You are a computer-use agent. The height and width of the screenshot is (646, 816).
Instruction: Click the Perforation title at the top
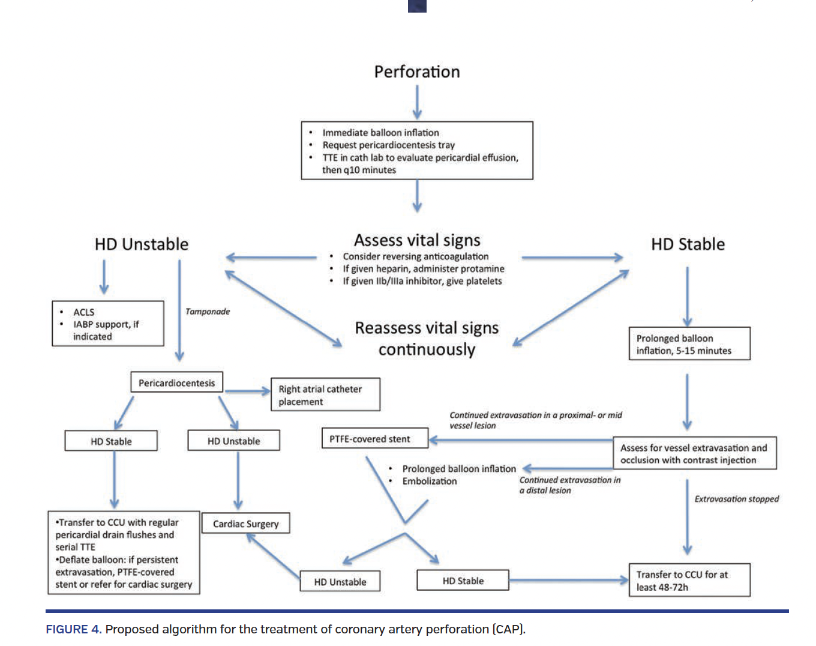tap(417, 72)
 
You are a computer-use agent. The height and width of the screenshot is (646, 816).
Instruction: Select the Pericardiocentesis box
tap(176, 382)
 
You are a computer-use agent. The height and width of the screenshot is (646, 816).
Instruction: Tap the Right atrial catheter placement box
tap(325, 394)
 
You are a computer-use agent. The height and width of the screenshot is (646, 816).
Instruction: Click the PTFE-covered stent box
tap(374, 439)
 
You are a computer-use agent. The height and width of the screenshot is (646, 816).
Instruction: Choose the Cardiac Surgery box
tap(245, 524)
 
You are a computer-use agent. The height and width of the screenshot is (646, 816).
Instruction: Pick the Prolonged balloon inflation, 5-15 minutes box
tap(689, 344)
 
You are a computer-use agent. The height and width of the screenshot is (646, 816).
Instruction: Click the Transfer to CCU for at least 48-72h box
tap(689, 581)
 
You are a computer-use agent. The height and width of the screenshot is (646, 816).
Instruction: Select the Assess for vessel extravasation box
tap(694, 454)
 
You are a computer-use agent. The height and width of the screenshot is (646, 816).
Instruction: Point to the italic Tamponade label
tap(208, 312)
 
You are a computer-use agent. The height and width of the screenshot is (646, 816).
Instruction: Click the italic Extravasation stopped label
tap(736, 499)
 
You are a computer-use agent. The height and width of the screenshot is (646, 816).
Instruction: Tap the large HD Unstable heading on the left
tap(142, 244)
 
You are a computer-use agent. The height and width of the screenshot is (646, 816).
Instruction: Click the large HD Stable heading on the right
tap(688, 244)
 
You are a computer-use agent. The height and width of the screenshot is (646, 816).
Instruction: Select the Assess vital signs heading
tap(417, 240)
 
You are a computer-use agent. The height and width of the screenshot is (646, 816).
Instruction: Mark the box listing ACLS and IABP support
tap(108, 324)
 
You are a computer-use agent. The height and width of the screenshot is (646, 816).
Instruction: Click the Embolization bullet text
tap(430, 481)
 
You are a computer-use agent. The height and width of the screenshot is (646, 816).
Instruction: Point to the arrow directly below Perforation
tap(417, 101)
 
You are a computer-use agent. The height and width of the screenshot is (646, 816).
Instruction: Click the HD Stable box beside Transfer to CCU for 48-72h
tap(463, 581)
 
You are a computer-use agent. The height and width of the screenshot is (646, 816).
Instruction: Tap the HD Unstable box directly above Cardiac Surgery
tap(233, 441)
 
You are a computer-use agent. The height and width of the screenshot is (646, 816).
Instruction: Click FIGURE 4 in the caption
tap(73, 629)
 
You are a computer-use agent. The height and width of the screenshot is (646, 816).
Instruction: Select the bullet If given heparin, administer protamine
tap(423, 269)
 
